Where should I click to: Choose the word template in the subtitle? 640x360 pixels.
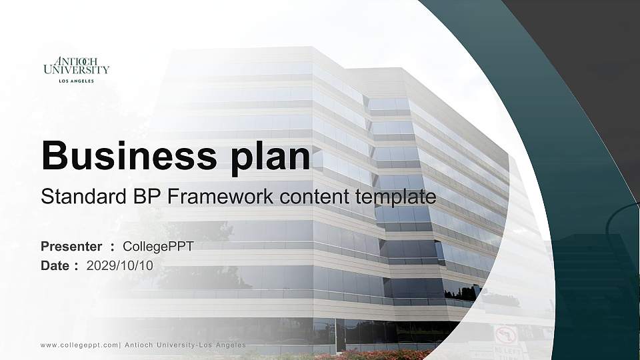[396, 197]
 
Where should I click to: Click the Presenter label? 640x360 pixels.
[71, 247]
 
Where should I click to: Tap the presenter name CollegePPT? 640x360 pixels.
[158, 247]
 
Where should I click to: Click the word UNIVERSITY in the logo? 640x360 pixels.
[76, 69]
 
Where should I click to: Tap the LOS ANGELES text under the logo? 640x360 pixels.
[76, 81]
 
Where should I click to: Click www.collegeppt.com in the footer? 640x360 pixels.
[79, 345]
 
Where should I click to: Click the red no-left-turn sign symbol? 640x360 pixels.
[505, 334]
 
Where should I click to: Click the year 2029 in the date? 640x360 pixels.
[101, 265]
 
